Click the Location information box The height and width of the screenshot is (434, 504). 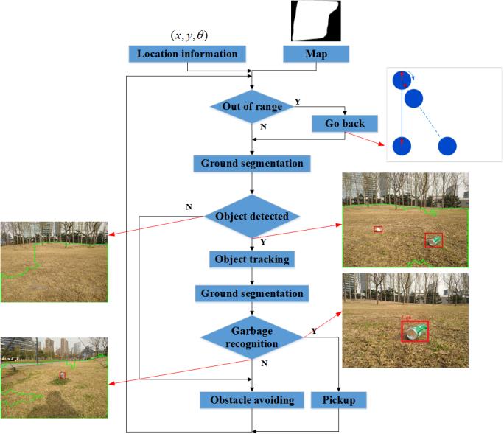tap(187, 54)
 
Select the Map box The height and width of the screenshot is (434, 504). tap(316, 54)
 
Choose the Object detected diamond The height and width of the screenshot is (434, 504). tap(252, 217)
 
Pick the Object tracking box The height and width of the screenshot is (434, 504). tap(252, 259)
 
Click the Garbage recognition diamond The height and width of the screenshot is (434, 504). tap(252, 338)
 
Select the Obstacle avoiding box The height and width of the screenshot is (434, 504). tap(252, 400)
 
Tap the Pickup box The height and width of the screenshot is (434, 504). tap(338, 400)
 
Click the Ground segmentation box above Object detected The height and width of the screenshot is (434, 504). tap(252, 163)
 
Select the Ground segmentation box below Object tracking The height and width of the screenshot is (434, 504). tap(252, 293)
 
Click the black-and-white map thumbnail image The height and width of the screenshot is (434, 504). tap(315, 21)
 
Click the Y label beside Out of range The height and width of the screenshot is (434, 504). tap(298, 101)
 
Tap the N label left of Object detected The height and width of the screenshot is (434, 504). tap(189, 208)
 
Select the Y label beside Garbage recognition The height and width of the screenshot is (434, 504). tap(314, 332)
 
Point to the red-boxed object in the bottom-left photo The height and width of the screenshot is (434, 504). tap(63, 375)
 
